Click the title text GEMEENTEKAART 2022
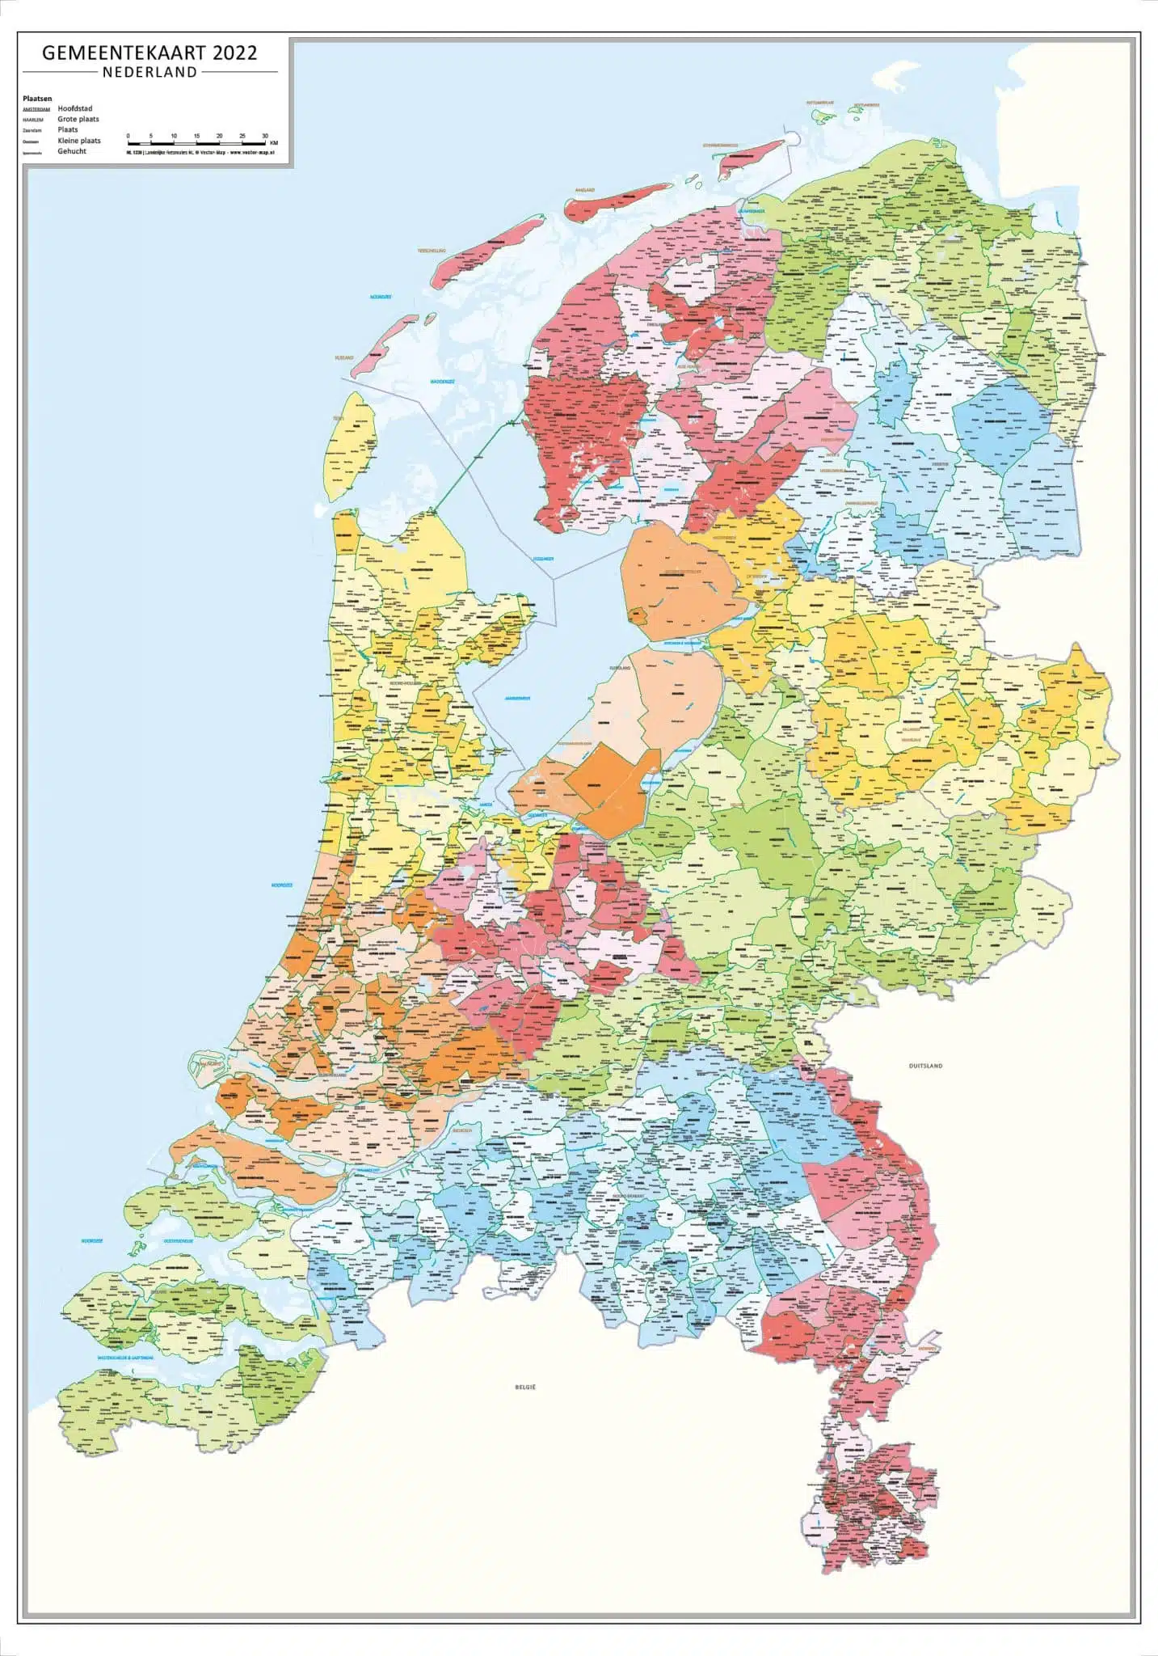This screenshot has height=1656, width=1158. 149,53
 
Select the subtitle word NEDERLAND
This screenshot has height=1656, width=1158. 149,72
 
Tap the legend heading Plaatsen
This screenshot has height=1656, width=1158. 37,99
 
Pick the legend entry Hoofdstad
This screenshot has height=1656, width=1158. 74,108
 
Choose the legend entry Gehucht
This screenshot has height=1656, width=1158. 71,151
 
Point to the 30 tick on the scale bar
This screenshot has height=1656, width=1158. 265,137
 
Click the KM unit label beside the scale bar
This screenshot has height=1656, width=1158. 274,143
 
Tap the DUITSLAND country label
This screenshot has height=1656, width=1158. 925,1066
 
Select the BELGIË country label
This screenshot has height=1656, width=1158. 525,1388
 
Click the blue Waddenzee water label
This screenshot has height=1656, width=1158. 442,380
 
